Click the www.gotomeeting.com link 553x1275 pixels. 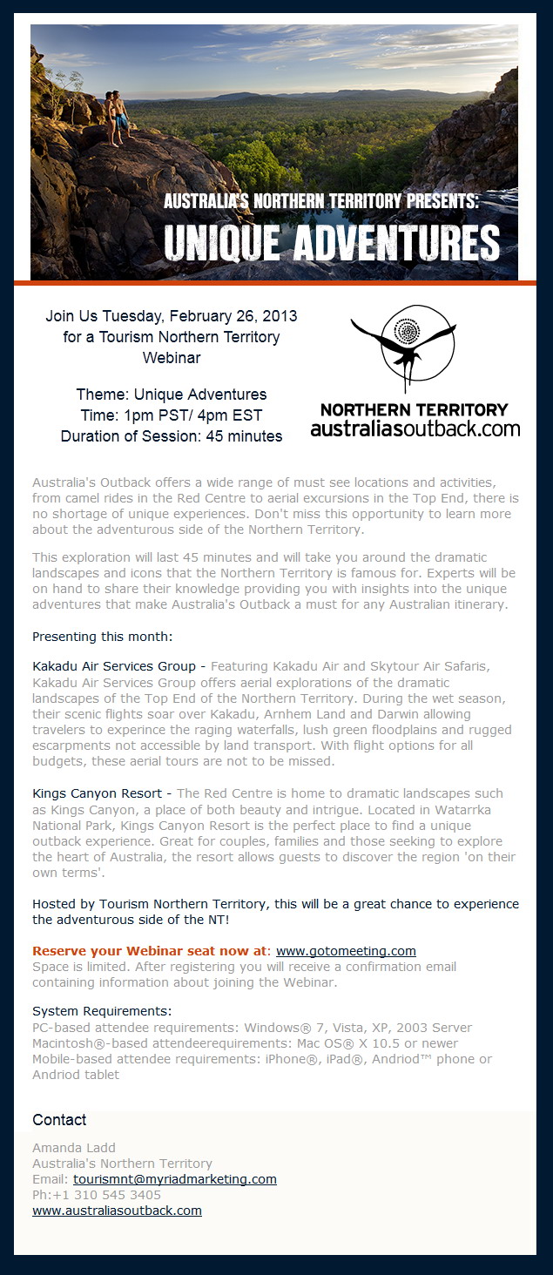pyautogui.click(x=346, y=951)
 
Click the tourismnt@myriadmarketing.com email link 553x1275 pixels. pyautogui.click(x=174, y=1179)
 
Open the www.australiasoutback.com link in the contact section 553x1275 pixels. pyautogui.click(x=117, y=1211)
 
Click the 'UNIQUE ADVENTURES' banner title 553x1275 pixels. pyautogui.click(x=332, y=244)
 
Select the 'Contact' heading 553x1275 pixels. pyautogui.click(x=59, y=1120)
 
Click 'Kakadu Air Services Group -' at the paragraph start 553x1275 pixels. pyautogui.click(x=118, y=667)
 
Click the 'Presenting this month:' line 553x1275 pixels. pyautogui.click(x=103, y=636)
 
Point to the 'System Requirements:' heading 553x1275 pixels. pyautogui.click(x=102, y=1012)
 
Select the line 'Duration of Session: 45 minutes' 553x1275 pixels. pyautogui.click(x=172, y=436)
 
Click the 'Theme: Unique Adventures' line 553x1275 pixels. pyautogui.click(x=172, y=395)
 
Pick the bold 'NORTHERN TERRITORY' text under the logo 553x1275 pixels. pyautogui.click(x=415, y=409)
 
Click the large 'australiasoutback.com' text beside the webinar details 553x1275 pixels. pyautogui.click(x=415, y=428)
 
